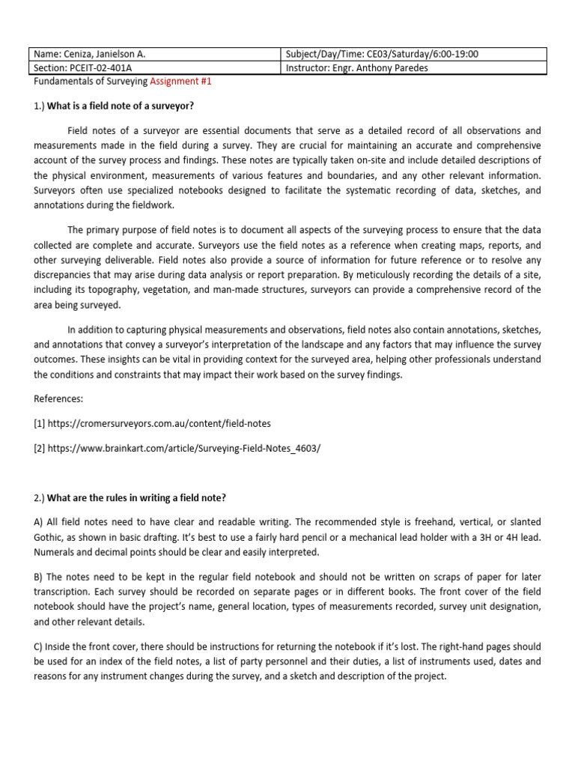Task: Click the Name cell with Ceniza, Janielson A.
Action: point(154,54)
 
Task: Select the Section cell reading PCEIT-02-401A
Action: point(154,68)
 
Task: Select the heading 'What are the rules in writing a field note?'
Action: point(136,498)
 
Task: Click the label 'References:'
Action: point(58,399)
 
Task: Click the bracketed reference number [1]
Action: point(39,423)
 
